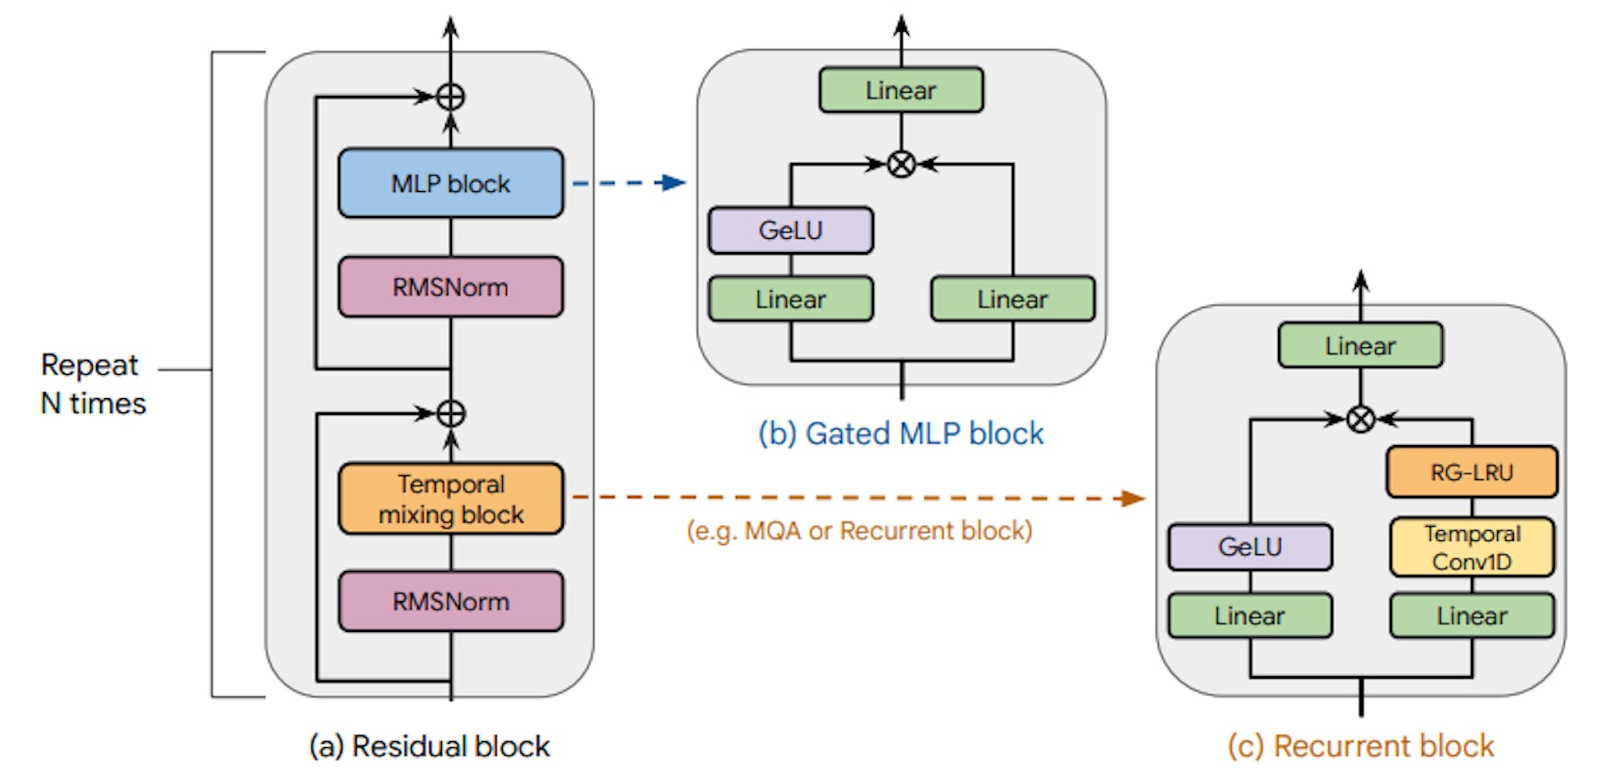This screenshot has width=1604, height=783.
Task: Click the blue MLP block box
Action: pyautogui.click(x=450, y=184)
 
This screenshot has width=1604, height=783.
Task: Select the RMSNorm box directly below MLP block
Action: pyautogui.click(x=450, y=287)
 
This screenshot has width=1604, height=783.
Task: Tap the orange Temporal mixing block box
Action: pyautogui.click(x=450, y=499)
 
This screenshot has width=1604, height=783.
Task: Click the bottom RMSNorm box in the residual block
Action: pyautogui.click(x=450, y=601)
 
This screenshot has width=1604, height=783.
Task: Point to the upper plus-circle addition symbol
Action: pyautogui.click(x=450, y=97)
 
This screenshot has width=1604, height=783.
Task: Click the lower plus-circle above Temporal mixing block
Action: pyautogui.click(x=450, y=413)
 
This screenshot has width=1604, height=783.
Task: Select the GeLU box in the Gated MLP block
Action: pyautogui.click(x=790, y=230)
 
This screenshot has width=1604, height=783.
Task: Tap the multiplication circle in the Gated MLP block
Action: pyautogui.click(x=901, y=164)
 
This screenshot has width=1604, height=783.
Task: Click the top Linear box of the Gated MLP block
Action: pyautogui.click(x=901, y=90)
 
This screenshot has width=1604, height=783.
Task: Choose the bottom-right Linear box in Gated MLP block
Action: pyautogui.click(x=1012, y=299)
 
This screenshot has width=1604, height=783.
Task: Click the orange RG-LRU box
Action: pyautogui.click(x=1471, y=472)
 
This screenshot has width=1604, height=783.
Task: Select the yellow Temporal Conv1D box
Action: pyautogui.click(x=1471, y=548)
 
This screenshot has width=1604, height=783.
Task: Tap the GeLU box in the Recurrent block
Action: pyautogui.click(x=1250, y=548)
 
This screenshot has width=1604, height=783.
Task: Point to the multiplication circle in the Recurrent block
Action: pyautogui.click(x=1360, y=419)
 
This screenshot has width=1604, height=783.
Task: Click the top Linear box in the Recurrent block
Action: pyautogui.click(x=1360, y=346)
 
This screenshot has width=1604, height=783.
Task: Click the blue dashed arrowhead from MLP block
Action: pyautogui.click(x=673, y=183)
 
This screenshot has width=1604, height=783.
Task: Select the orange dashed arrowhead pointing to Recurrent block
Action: pyautogui.click(x=1132, y=498)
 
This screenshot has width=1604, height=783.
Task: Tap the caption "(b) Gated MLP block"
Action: pyautogui.click(x=901, y=434)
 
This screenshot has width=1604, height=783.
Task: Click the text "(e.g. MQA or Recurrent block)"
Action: pyautogui.click(x=859, y=531)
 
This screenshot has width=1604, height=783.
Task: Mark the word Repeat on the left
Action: pyautogui.click(x=89, y=366)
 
